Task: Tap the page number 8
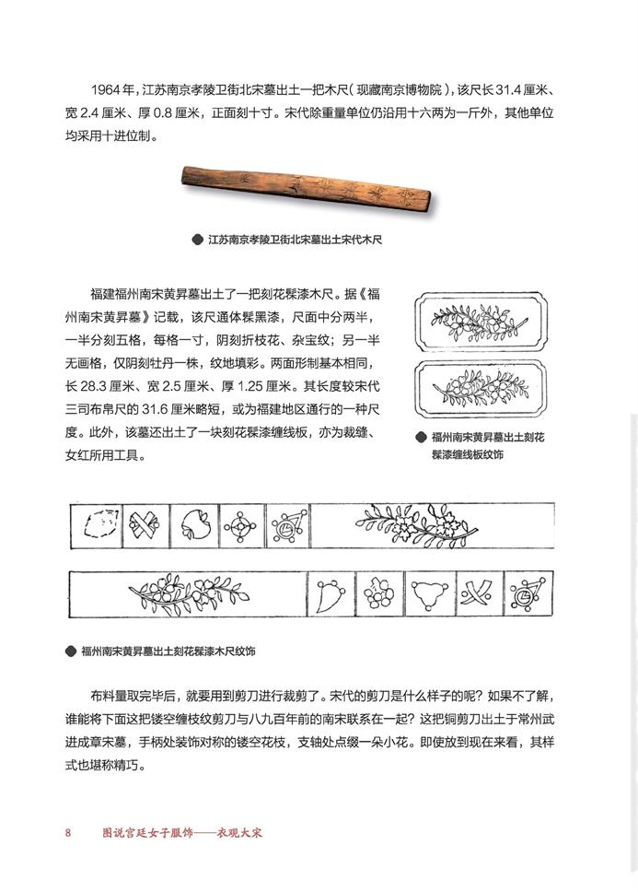click(x=68, y=835)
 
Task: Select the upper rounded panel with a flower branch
click(x=479, y=323)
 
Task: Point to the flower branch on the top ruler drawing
click(x=405, y=526)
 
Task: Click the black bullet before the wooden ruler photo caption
click(x=196, y=240)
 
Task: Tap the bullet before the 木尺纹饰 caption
click(x=71, y=651)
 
